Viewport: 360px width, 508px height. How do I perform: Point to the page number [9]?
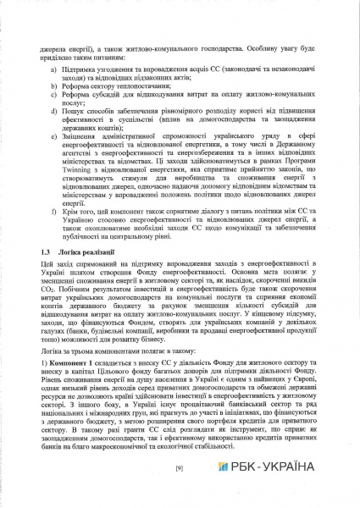click(x=180, y=467)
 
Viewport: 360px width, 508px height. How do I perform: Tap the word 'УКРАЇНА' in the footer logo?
click(x=292, y=467)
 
